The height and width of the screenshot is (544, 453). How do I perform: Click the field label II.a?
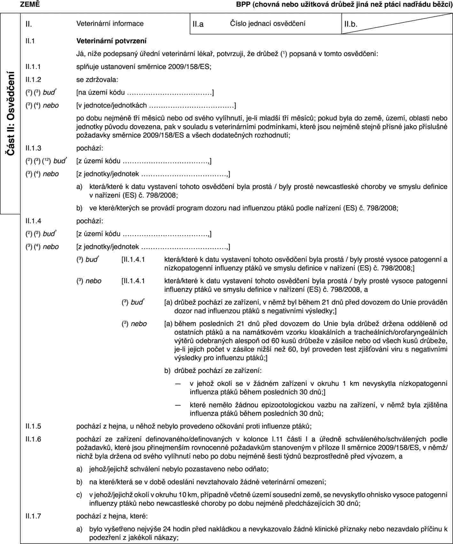click(x=198, y=24)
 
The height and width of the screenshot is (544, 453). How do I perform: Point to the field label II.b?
click(x=350, y=24)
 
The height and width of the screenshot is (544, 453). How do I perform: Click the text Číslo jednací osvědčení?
click(x=267, y=23)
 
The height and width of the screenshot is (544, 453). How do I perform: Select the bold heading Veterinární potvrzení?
click(x=111, y=41)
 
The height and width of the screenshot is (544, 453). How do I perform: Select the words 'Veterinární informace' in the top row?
click(x=110, y=23)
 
